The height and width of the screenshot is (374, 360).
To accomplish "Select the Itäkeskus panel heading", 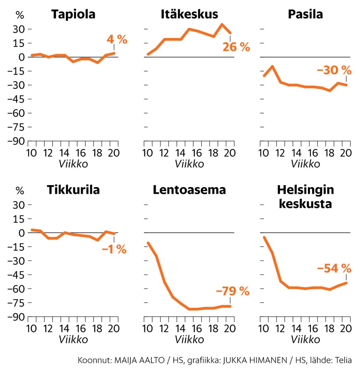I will tap(189, 14).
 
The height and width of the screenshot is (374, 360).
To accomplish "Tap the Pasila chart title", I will tap(305, 14).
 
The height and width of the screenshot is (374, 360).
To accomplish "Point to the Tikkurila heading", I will tap(73, 190).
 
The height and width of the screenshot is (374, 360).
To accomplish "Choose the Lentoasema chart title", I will tap(189, 190).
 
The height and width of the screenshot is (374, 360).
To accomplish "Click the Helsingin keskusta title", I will tap(305, 196).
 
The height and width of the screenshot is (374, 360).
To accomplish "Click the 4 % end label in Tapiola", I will tap(117, 39).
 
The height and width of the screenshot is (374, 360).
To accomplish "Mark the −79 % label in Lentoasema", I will tap(233, 291).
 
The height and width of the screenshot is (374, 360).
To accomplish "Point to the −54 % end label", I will tap(334, 268).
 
